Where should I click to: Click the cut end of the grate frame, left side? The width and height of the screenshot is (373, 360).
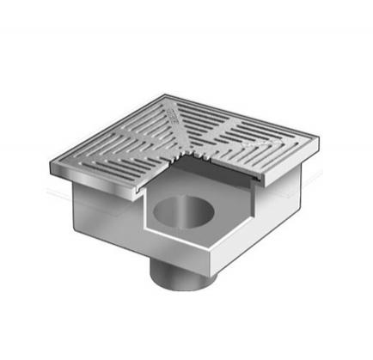tap(139, 184)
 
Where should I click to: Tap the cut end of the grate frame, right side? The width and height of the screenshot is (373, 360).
tap(259, 175)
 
